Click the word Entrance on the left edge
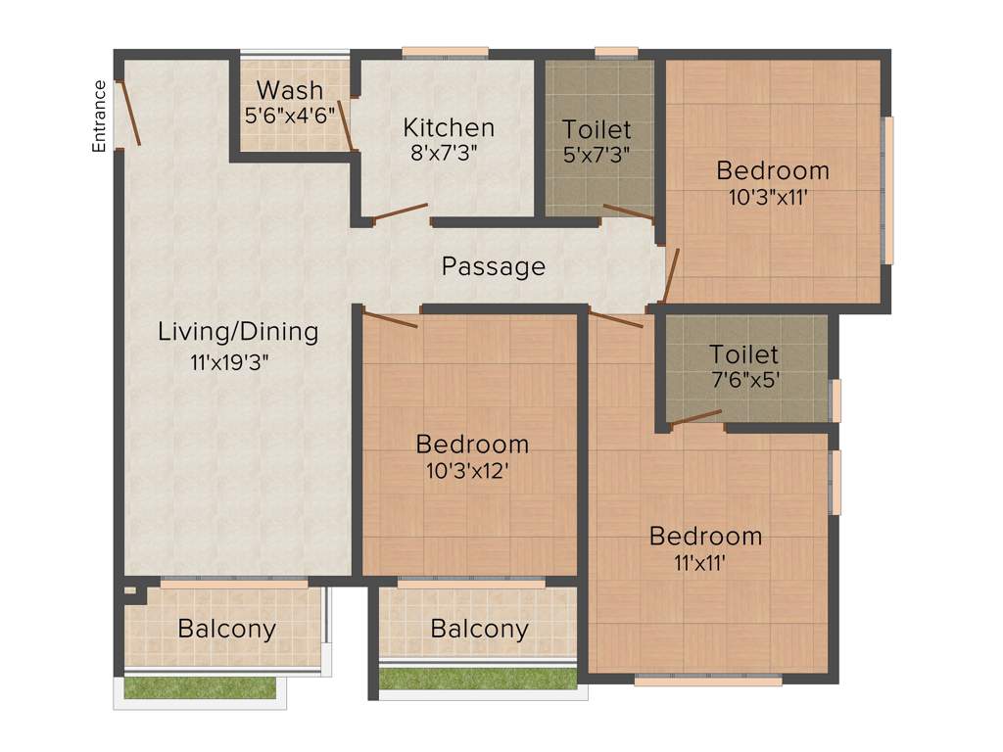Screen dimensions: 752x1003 [99, 116]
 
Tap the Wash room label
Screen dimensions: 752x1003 [289, 90]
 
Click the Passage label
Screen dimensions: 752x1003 [493, 266]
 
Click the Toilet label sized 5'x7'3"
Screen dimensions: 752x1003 [597, 129]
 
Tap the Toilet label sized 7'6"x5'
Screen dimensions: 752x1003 [744, 353]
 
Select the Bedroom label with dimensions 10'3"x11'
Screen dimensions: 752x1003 [773, 170]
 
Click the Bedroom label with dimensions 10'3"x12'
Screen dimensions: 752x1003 [472, 444]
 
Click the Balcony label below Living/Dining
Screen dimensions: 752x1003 [226, 629]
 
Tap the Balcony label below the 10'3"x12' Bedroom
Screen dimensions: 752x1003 [479, 629]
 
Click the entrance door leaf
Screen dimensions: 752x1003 [128, 113]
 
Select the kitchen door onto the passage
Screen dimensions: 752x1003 [400, 211]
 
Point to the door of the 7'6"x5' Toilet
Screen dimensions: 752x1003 [695, 418]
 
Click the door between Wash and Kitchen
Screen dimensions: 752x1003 [345, 124]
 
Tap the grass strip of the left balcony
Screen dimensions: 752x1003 [202, 688]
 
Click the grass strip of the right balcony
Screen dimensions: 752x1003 [478, 679]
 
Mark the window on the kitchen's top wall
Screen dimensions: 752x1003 [445, 53]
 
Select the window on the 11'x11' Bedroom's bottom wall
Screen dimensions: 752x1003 [707, 680]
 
